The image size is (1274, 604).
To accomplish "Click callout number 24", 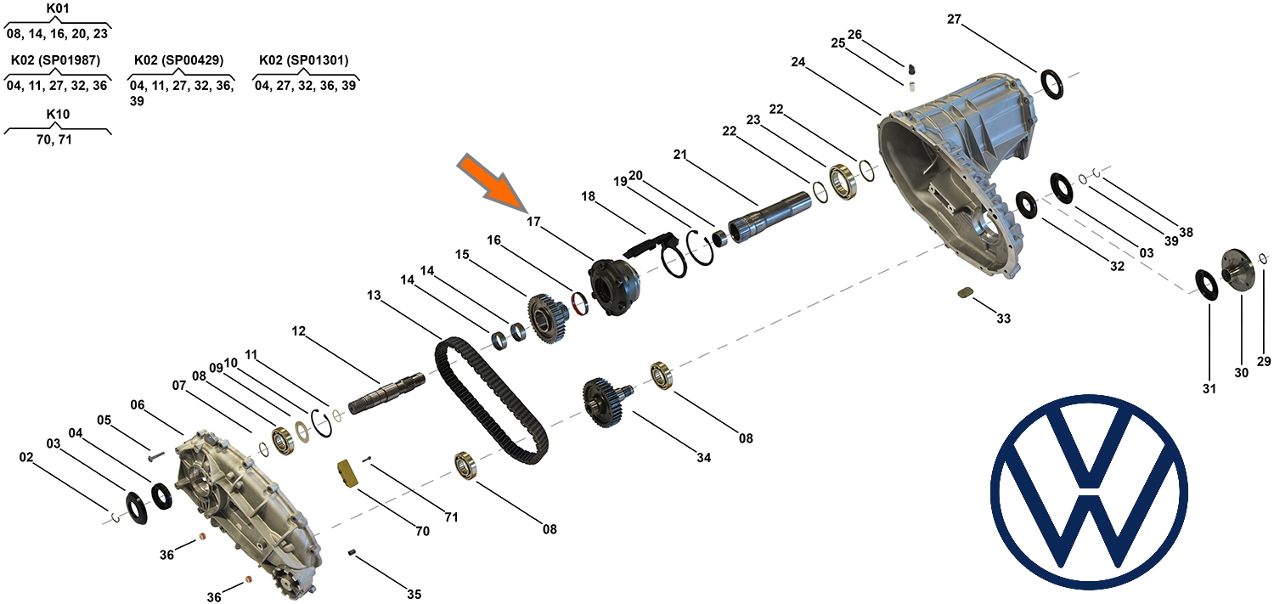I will coord(798,62).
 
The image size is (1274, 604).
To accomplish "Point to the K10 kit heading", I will coord(59,114).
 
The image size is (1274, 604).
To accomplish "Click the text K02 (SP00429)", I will coord(178,60).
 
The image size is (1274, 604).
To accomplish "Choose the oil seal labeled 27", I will coord(1054,86).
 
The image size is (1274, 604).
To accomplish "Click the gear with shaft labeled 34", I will coord(606,403).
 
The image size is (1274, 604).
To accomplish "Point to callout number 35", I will coord(414,594).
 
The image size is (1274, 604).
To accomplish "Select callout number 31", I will coord(1209,389).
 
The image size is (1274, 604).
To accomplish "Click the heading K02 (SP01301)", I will coord(303,60).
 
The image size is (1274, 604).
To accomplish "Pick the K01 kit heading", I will coord(59,8).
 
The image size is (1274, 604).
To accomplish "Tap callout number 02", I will coord(26,457).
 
